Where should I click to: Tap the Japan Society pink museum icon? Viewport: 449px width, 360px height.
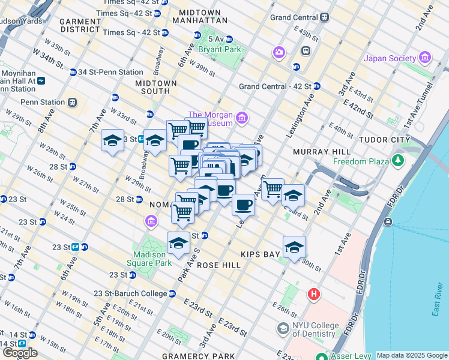(x=426, y=58)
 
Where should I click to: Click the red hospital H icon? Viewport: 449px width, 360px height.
(x=313, y=295)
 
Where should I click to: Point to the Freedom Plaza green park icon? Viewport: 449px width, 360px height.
(x=397, y=160)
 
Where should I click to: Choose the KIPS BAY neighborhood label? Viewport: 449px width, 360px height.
(x=261, y=254)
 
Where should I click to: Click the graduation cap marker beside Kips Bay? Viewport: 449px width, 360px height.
(x=294, y=247)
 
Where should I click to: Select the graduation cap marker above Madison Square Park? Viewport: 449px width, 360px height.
(x=178, y=244)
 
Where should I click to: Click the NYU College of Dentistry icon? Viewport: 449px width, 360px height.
(x=283, y=329)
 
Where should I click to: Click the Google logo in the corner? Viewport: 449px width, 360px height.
(x=20, y=353)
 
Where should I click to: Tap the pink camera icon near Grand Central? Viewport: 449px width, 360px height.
(x=279, y=53)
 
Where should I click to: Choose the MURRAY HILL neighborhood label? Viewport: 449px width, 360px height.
(x=317, y=152)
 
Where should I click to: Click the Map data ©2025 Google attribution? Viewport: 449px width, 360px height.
(x=412, y=355)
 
